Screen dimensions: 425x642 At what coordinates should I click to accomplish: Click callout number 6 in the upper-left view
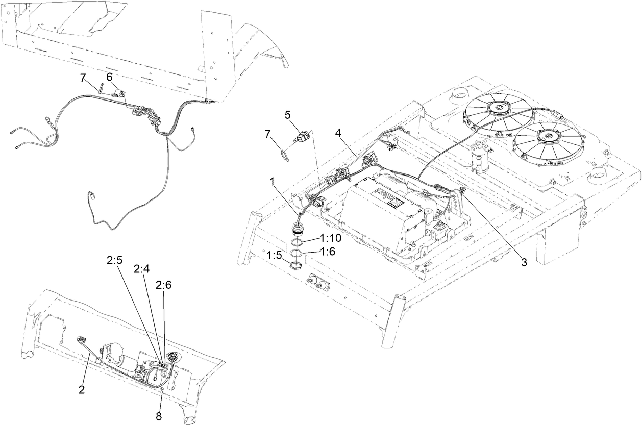coord(109,76)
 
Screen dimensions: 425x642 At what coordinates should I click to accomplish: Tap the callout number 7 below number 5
coord(268,134)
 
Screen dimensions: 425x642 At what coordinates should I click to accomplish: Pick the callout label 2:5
coord(114,260)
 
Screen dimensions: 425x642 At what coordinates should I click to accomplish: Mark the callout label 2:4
coord(141,268)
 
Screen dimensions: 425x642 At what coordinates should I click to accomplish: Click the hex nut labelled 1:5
coord(295,265)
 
